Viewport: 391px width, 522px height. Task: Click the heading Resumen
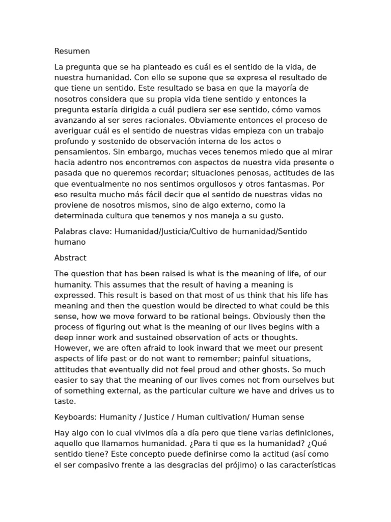(x=72, y=51)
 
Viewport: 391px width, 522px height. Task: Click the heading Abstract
(x=70, y=258)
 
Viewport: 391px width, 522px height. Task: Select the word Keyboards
(x=75, y=417)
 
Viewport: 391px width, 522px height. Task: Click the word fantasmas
(x=283, y=184)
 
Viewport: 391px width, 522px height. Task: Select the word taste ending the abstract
(x=65, y=401)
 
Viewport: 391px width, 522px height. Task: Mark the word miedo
(x=262, y=152)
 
